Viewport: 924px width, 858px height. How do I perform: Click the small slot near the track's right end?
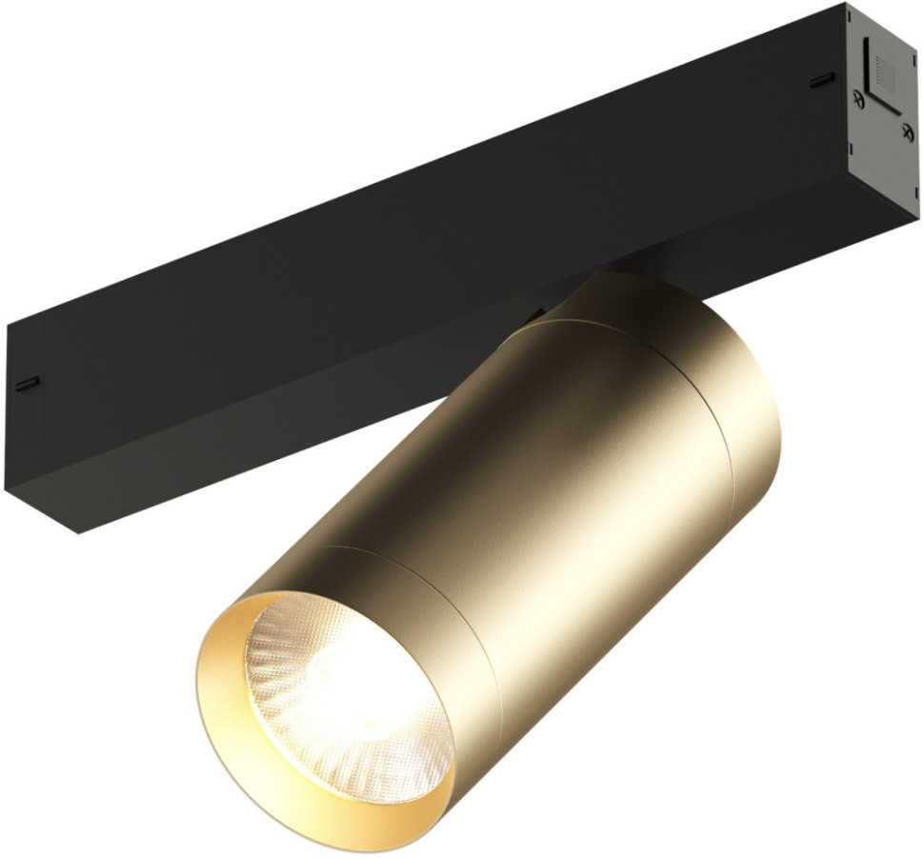822,82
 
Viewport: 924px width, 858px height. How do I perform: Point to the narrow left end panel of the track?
24,409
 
